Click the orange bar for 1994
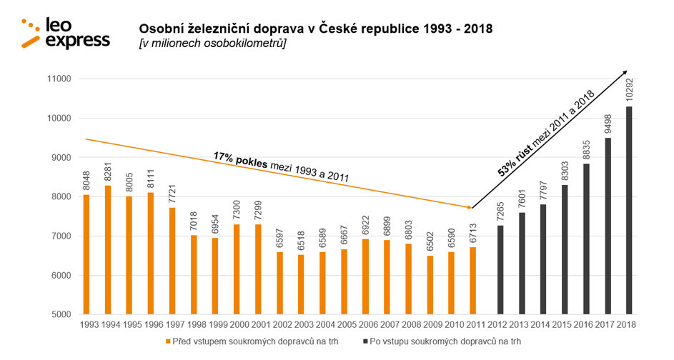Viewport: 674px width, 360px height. [x=108, y=250]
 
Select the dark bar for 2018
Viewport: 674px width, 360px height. [x=629, y=211]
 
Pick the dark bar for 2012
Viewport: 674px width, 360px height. [x=500, y=270]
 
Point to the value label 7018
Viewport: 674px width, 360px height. [x=193, y=219]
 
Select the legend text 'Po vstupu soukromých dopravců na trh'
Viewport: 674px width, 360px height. [x=438, y=341]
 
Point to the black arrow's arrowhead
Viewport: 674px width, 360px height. [x=624, y=73]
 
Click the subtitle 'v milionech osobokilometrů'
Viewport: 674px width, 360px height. [x=213, y=44]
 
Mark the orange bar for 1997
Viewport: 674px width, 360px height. [x=172, y=261]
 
